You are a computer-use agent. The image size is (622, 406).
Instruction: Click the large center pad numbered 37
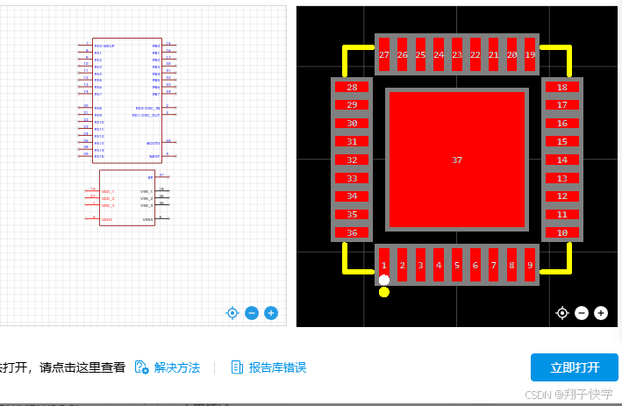pyautogui.click(x=456, y=160)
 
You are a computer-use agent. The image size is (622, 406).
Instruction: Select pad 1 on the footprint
pyautogui.click(x=383, y=265)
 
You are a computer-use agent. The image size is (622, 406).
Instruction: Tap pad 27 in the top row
pyautogui.click(x=383, y=55)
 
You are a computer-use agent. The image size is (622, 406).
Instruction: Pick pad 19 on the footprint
pyautogui.click(x=530, y=55)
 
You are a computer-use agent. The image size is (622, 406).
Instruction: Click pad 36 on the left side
pyautogui.click(x=352, y=233)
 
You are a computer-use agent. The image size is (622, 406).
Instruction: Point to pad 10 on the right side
pyautogui.click(x=562, y=233)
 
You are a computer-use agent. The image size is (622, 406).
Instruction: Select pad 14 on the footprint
pyautogui.click(x=562, y=160)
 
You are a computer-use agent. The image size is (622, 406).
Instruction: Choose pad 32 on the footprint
pyautogui.click(x=352, y=160)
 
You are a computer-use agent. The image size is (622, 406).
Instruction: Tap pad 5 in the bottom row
pyautogui.click(x=456, y=265)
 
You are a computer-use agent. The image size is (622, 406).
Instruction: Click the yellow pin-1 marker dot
pyautogui.click(x=383, y=292)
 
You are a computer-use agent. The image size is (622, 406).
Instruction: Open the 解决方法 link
pyautogui.click(x=176, y=367)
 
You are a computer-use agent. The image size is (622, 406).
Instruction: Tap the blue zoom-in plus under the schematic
pyautogui.click(x=271, y=313)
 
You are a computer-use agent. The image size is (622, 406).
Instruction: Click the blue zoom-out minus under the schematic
pyautogui.click(x=252, y=313)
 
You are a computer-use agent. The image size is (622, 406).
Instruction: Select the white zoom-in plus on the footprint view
pyautogui.click(x=601, y=313)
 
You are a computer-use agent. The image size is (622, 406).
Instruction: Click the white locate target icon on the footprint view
pyautogui.click(x=562, y=313)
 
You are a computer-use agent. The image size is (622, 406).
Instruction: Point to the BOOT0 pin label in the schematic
pyautogui.click(x=154, y=142)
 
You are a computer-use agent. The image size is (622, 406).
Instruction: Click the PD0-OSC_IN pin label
pyautogui.click(x=147, y=108)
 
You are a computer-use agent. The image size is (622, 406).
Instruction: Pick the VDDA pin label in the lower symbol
pyautogui.click(x=106, y=219)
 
